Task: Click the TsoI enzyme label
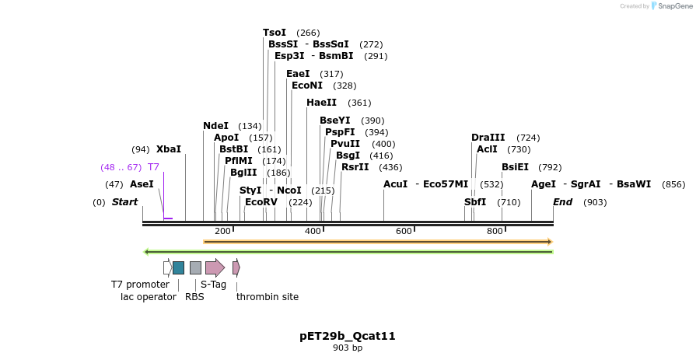tap(275, 33)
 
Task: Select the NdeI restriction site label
tap(215, 126)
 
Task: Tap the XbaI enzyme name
tap(168, 149)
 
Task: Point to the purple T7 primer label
tap(153, 167)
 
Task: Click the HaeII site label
tap(321, 103)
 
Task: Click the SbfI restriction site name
tap(475, 202)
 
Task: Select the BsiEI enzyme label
tap(515, 167)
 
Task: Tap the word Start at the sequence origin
tap(124, 202)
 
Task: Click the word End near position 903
tap(562, 202)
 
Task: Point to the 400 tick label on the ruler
tap(313, 231)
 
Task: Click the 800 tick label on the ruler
tap(495, 231)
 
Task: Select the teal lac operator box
tap(178, 267)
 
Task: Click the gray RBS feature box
tap(195, 267)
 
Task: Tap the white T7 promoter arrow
tap(167, 267)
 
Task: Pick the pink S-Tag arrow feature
tap(215, 267)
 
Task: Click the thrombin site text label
tap(268, 296)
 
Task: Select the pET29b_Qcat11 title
tap(348, 336)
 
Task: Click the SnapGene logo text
tap(674, 6)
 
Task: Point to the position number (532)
tap(491, 184)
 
